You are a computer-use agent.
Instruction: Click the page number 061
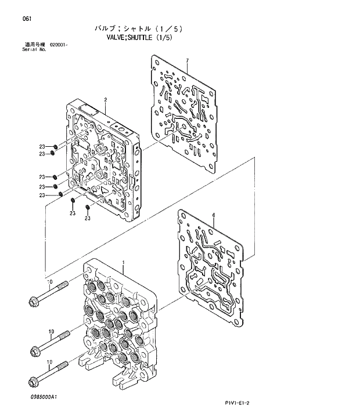pos(27,19)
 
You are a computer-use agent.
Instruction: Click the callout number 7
pos(188,60)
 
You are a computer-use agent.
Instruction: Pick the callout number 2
pos(105,100)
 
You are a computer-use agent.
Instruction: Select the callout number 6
pos(214,215)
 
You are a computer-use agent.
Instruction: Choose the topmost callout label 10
pos(51,281)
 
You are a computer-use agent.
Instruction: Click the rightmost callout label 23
pos(87,218)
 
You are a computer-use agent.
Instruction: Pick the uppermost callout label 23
pos(42,146)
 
